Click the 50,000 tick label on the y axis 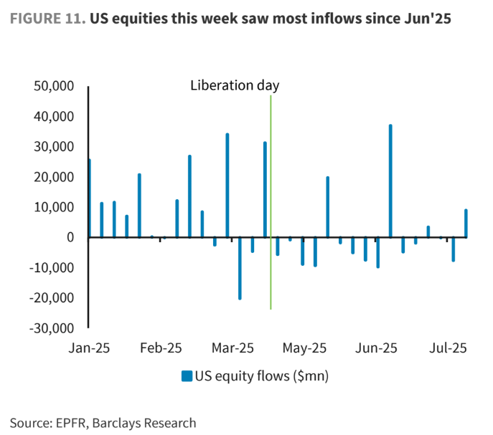55,87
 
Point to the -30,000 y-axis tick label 53,328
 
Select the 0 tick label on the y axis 70,237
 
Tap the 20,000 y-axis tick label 55,177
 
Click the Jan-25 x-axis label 88,348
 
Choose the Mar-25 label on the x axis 233,348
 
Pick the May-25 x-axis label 305,348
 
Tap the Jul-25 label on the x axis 449,348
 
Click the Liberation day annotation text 235,85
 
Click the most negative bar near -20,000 240,268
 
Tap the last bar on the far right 466,223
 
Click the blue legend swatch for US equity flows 186,376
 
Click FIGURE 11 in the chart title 45,19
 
